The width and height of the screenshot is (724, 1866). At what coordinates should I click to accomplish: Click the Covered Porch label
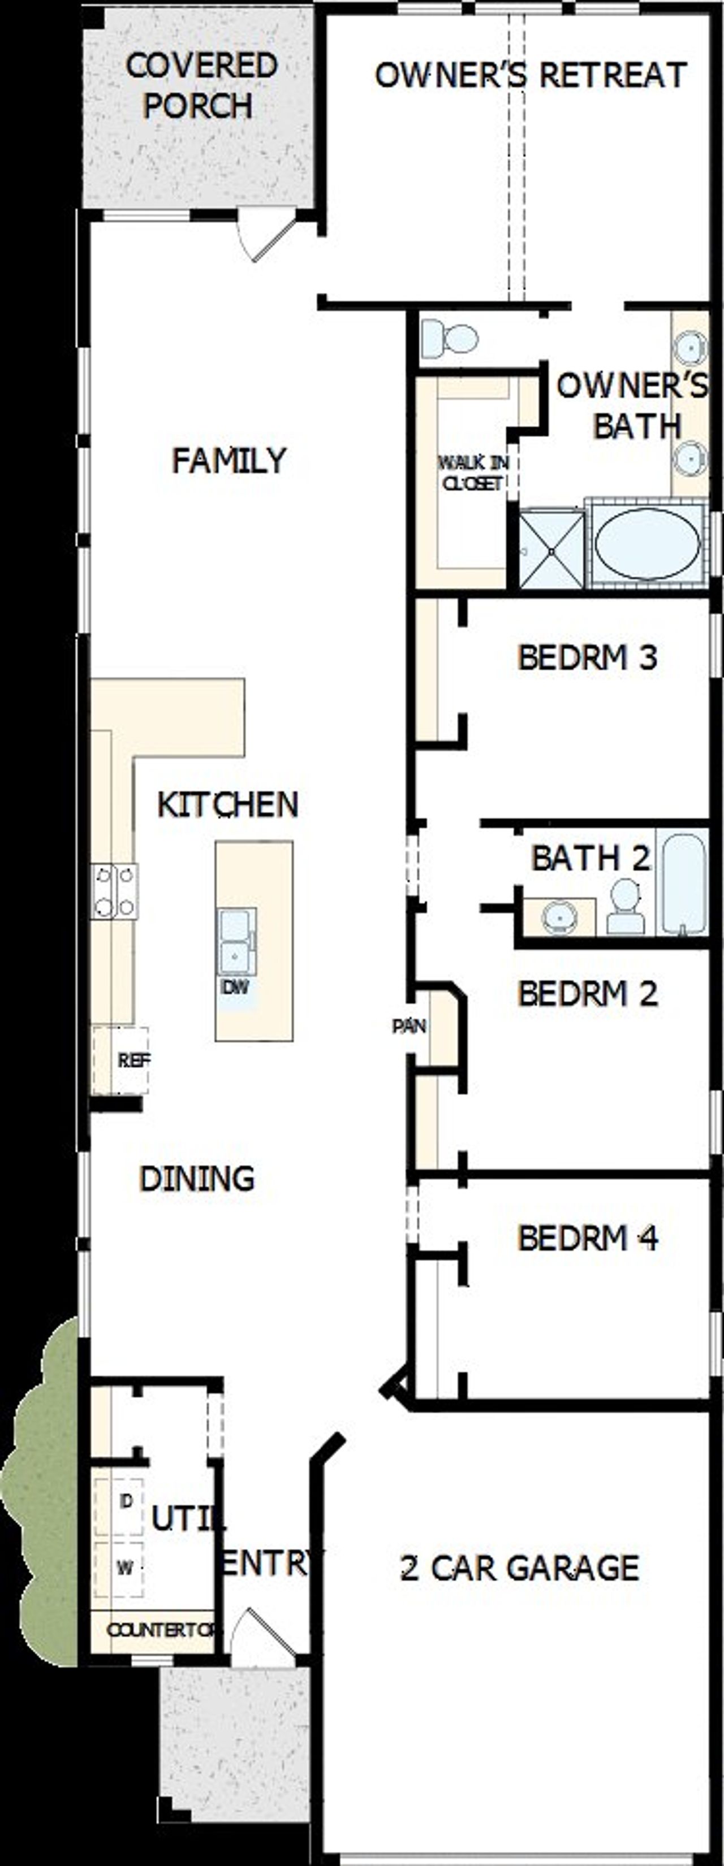(201, 85)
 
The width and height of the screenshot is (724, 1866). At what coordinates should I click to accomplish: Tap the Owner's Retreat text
(531, 75)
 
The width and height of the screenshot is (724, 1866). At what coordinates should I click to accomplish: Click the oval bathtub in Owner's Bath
(647, 543)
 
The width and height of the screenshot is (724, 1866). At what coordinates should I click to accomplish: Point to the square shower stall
(551, 549)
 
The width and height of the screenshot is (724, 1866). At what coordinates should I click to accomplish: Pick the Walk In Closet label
(472, 473)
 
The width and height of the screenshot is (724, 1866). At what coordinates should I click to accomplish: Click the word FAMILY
(229, 461)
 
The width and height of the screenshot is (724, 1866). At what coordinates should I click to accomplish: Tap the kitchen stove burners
(114, 891)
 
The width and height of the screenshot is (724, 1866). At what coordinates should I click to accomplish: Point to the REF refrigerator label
(133, 1060)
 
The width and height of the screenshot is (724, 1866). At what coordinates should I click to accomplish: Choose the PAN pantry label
(409, 1027)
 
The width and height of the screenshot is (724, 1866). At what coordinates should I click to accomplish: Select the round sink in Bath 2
(559, 916)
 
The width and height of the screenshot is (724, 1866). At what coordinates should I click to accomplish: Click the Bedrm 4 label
(587, 1238)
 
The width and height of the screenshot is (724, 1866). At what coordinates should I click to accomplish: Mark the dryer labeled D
(126, 1516)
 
